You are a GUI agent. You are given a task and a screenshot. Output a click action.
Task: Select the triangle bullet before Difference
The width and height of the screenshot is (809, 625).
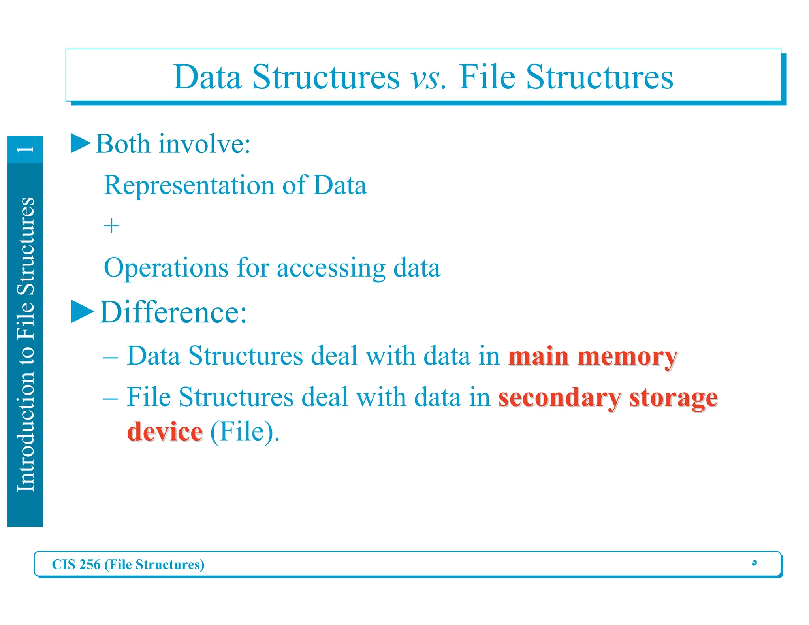[x=83, y=312]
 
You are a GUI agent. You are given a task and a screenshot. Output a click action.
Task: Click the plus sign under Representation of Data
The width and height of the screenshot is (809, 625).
[x=111, y=226]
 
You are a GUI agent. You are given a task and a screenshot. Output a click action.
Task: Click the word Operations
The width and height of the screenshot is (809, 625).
[x=166, y=268]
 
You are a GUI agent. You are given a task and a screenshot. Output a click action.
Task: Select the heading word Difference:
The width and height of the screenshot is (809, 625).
[x=173, y=312]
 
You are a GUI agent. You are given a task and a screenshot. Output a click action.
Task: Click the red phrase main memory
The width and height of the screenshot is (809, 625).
[x=593, y=356]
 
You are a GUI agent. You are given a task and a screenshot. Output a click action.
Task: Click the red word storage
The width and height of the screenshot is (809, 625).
[x=674, y=398]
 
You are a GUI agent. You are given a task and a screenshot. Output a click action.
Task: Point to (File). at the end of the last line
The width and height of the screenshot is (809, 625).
[x=245, y=432]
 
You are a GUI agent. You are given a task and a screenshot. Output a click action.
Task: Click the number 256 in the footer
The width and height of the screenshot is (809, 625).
[x=90, y=565]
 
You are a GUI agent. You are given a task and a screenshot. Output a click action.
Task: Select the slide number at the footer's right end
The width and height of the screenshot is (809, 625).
[x=754, y=563]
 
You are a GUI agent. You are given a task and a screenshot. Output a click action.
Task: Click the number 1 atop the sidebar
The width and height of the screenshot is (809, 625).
[x=25, y=149]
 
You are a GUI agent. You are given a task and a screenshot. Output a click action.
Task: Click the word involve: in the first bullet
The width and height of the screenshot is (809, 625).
[x=204, y=144]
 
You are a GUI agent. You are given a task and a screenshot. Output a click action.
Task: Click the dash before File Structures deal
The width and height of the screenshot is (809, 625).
[x=111, y=398]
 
